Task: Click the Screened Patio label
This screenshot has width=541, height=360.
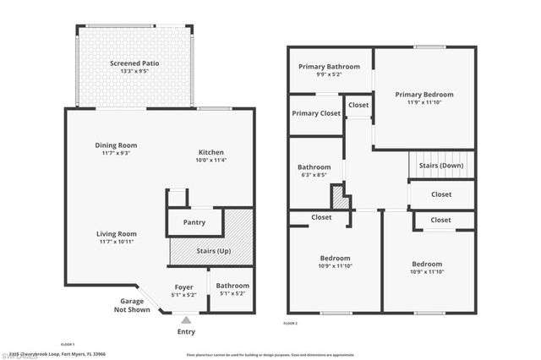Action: point(134,63)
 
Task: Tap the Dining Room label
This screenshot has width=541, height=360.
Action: point(116,145)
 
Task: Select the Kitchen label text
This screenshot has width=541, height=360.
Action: point(210,150)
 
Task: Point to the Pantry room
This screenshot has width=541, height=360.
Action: point(194,223)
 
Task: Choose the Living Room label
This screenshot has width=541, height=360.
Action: point(116,234)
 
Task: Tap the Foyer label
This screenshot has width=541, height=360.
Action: point(184,286)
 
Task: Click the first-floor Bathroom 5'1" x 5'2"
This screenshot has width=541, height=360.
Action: point(231,290)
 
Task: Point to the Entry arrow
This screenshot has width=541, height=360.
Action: point(186,319)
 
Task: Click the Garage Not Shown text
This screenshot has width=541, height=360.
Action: point(132,305)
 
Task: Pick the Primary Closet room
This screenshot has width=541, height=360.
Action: point(315,113)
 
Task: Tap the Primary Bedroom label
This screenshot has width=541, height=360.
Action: point(424,95)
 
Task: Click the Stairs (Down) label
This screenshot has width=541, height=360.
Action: point(441,166)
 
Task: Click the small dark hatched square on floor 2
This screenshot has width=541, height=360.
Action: point(340,199)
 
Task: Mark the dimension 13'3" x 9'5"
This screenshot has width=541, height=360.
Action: point(134,72)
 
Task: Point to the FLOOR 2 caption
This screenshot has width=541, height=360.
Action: point(291,323)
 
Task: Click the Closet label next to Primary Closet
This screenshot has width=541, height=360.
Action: point(358,105)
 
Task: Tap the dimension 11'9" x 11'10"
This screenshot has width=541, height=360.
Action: point(424,102)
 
